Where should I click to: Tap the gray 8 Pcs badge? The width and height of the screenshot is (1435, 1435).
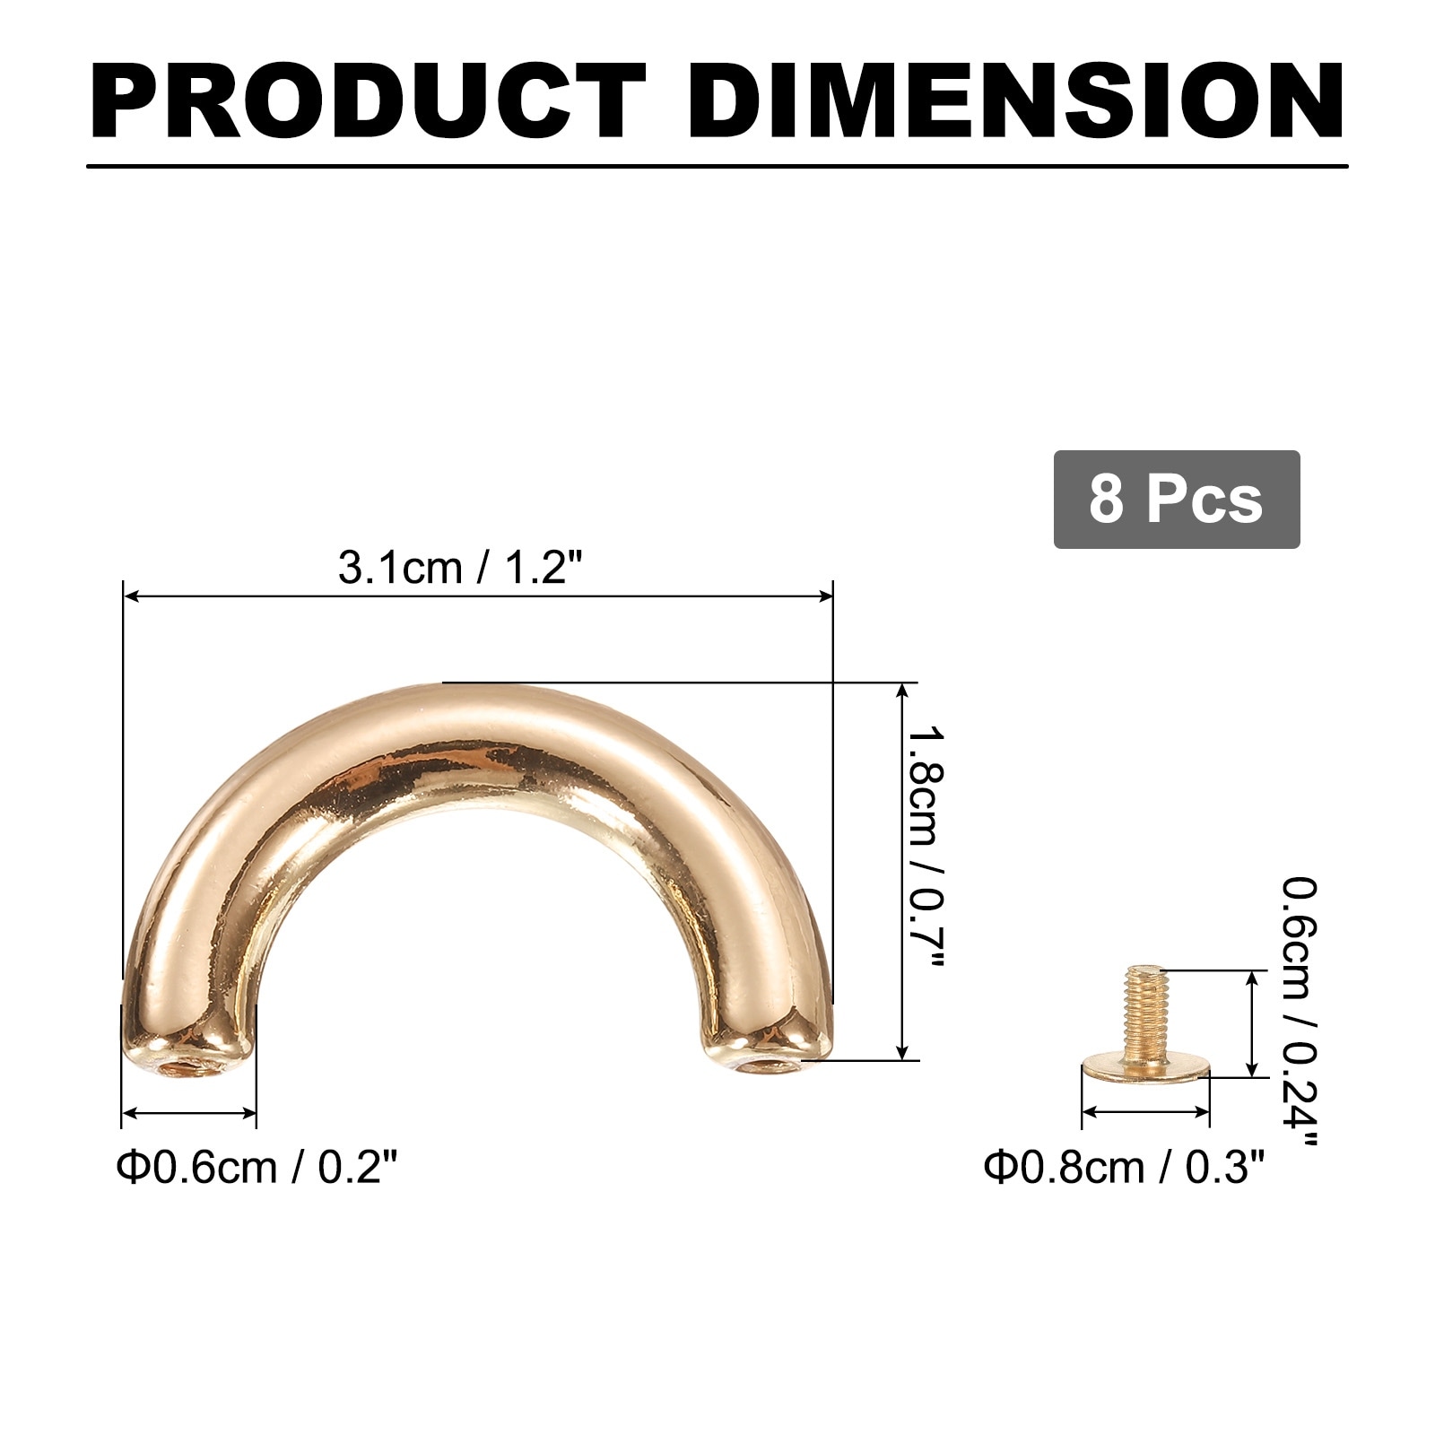click(1176, 500)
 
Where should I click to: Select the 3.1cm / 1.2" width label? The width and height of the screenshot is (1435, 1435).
click(460, 568)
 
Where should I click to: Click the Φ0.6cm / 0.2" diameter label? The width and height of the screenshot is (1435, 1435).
click(257, 1168)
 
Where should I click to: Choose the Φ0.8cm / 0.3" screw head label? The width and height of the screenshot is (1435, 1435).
click(1124, 1168)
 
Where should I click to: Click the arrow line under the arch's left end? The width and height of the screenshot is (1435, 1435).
click(189, 1113)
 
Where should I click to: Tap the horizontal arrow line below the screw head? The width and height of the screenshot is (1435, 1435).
click(1145, 1112)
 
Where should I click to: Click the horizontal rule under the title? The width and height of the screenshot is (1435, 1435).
click(717, 166)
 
